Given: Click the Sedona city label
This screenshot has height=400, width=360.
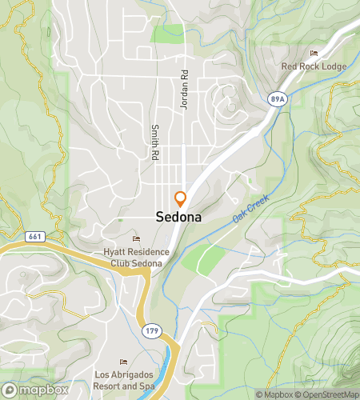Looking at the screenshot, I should click(178, 217).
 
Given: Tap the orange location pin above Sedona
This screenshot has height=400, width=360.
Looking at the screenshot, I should click(180, 198).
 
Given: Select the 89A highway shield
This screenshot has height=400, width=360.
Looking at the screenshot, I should click(277, 98).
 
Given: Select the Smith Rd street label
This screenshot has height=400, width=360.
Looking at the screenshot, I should click(151, 143).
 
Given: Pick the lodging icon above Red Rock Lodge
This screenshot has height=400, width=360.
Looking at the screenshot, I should click(313, 54).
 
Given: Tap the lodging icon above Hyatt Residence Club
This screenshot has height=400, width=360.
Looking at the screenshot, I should click(135, 238).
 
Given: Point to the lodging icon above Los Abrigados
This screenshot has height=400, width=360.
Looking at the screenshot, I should click(122, 362).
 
